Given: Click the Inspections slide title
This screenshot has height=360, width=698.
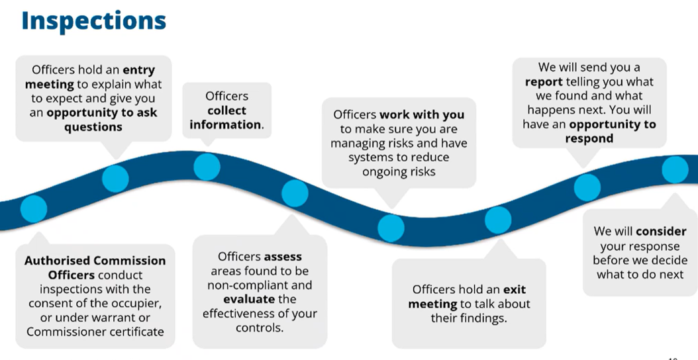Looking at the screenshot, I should [x=93, y=21].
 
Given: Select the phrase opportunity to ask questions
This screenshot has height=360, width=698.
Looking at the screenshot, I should [x=93, y=120].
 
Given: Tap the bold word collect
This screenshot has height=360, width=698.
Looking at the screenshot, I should [x=226, y=111].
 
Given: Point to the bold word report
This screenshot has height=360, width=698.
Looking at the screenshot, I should [x=544, y=82].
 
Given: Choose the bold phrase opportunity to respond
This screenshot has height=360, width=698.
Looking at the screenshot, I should [x=589, y=132].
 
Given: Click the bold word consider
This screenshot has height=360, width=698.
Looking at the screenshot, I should [x=661, y=231].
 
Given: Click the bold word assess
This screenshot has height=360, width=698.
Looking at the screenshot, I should [x=283, y=257].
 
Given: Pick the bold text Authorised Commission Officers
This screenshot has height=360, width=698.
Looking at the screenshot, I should [x=95, y=267].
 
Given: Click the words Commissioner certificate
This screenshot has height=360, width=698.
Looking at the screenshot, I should [x=95, y=331].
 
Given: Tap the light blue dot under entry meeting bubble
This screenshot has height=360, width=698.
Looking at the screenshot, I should [x=115, y=178].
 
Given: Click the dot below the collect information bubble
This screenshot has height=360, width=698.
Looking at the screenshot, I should [x=207, y=166].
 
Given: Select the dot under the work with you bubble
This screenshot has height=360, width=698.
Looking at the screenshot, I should [x=391, y=227].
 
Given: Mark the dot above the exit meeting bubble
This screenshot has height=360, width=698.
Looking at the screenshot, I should [x=498, y=220].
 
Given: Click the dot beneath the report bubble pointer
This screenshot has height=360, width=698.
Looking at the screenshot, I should [x=587, y=187].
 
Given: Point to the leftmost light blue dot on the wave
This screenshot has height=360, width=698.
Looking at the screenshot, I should [x=34, y=208].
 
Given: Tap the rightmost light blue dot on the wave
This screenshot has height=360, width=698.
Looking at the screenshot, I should [x=675, y=169].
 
